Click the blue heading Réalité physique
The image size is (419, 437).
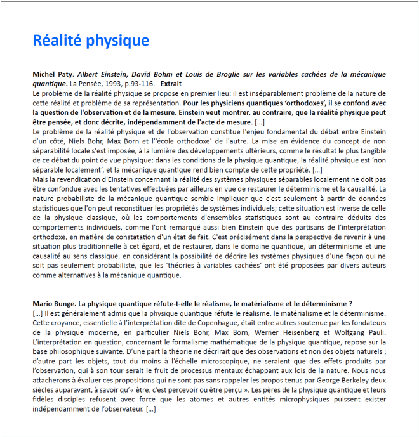click(91, 41)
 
